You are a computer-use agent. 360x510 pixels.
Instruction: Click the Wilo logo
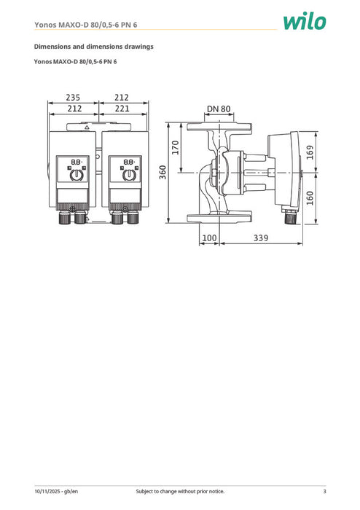pos(305,22)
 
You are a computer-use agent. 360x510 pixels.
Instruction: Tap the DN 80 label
pos(218,109)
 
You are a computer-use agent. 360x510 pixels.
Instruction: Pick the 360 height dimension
pos(163,172)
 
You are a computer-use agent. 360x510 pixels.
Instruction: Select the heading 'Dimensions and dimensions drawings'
pos(94,47)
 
